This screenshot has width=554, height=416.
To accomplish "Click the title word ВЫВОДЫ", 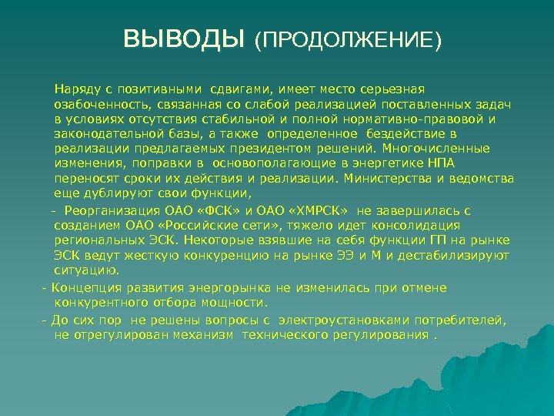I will [183, 39].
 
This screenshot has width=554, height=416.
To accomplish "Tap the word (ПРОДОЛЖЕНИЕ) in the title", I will [349, 40].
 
